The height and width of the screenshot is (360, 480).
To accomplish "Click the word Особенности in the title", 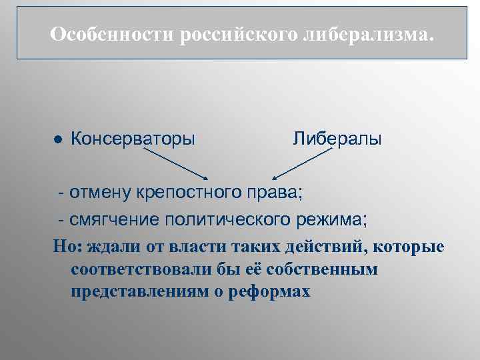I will point(111,33).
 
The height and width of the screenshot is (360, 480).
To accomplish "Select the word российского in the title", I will point(238,33).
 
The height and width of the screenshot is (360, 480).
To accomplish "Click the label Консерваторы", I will point(133,139).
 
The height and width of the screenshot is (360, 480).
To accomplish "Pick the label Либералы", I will point(337,139).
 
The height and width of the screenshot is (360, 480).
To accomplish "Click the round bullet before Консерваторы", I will point(58,141).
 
